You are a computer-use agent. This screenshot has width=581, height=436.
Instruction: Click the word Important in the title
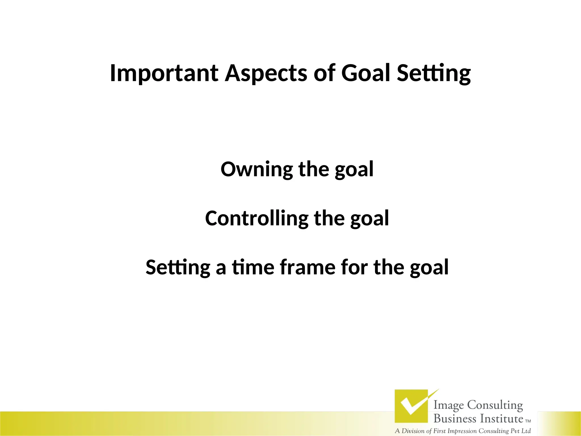pos(164,73)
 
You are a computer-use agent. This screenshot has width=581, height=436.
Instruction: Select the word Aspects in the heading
pos(266,73)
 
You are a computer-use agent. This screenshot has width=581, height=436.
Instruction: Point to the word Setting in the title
pos(434,73)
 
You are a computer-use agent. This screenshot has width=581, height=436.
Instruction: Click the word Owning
pos(256,169)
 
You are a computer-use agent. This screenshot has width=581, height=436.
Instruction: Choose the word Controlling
pos(256,219)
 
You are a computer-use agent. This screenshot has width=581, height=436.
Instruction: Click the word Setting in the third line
pos(178,267)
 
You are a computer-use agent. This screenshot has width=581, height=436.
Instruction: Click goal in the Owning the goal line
pos(354,169)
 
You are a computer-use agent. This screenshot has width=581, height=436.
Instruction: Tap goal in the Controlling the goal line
pos(369,219)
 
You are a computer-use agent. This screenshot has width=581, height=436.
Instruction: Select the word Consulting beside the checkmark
pos(495,405)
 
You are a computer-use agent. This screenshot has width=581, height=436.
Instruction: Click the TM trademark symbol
pos(528,421)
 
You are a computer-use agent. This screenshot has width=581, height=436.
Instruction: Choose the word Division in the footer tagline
pos(413,431)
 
